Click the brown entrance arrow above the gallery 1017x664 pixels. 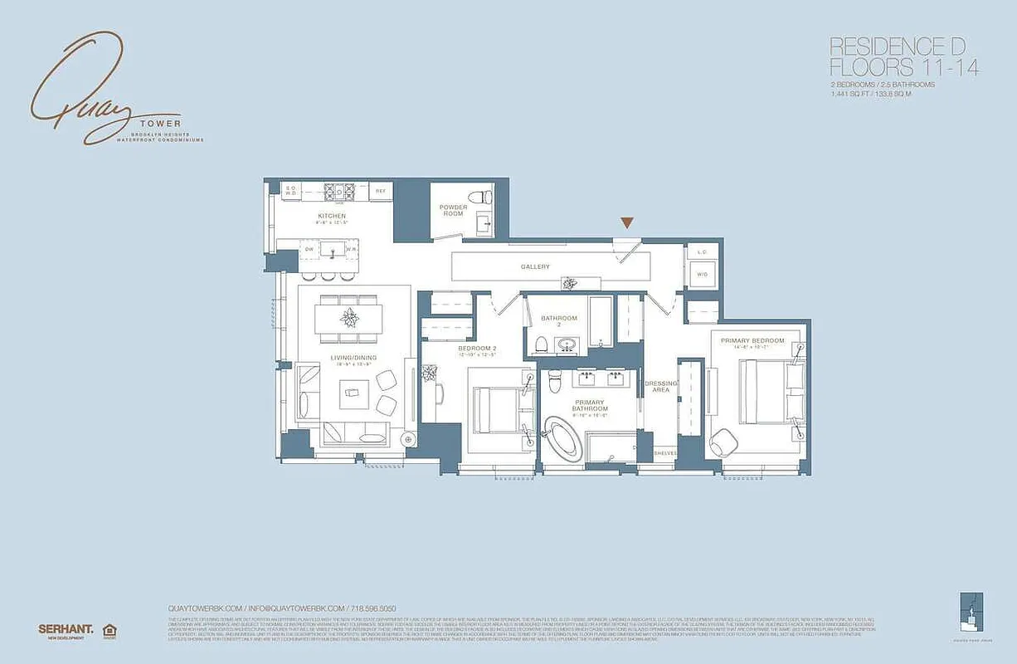(x=628, y=222)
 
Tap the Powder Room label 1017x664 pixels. (x=453, y=211)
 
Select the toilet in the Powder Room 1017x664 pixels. (x=480, y=198)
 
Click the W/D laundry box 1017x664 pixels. (x=702, y=273)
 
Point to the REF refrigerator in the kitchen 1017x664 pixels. (x=381, y=191)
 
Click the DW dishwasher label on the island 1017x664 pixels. (x=309, y=248)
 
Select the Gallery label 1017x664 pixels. (x=535, y=266)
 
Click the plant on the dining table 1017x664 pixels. (x=348, y=316)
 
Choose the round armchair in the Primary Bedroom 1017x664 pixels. (x=723, y=441)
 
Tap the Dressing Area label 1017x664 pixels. (x=661, y=387)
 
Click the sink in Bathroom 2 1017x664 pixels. (x=568, y=344)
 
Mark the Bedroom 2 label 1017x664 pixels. (x=477, y=349)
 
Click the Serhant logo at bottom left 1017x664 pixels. (x=66, y=629)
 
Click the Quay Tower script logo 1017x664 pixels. (x=91, y=91)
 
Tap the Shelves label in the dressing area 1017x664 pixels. (x=665, y=453)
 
